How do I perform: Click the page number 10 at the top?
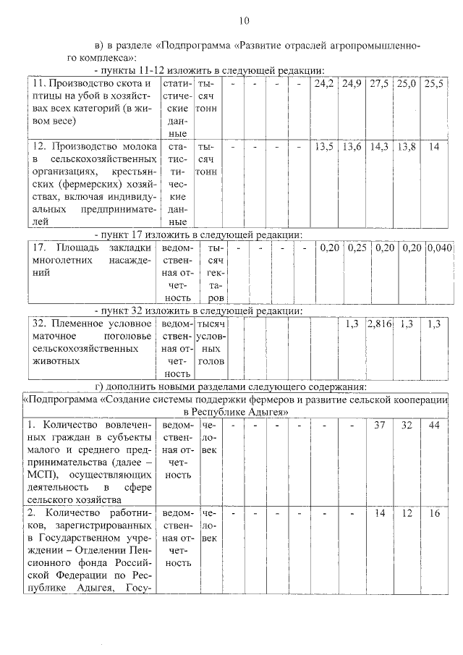[x=245, y=20]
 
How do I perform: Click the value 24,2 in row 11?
[x=324, y=84]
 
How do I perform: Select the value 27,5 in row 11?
[x=379, y=84]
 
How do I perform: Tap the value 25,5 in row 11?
[x=434, y=84]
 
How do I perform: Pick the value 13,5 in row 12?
[x=324, y=146]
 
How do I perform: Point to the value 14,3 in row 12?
[x=379, y=146]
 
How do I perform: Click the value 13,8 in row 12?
[x=407, y=146]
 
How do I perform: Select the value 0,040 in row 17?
[x=439, y=248]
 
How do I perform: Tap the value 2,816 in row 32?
[x=380, y=324]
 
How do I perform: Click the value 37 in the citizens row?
[x=380, y=425]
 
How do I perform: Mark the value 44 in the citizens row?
[x=434, y=425]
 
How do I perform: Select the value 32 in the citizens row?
[x=407, y=425]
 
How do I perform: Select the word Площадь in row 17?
[x=77, y=248]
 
